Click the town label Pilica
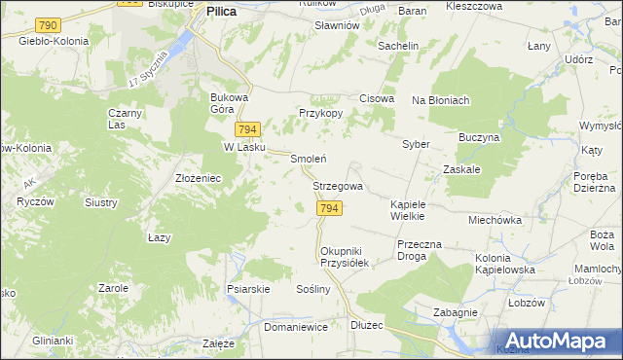coord(222,12)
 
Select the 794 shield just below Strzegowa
coord(329,209)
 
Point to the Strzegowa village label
coord(338,186)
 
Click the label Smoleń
coord(308,159)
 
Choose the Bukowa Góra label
coord(231,103)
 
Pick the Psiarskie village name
coord(247,289)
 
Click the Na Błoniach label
coord(440,100)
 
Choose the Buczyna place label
coord(479,138)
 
